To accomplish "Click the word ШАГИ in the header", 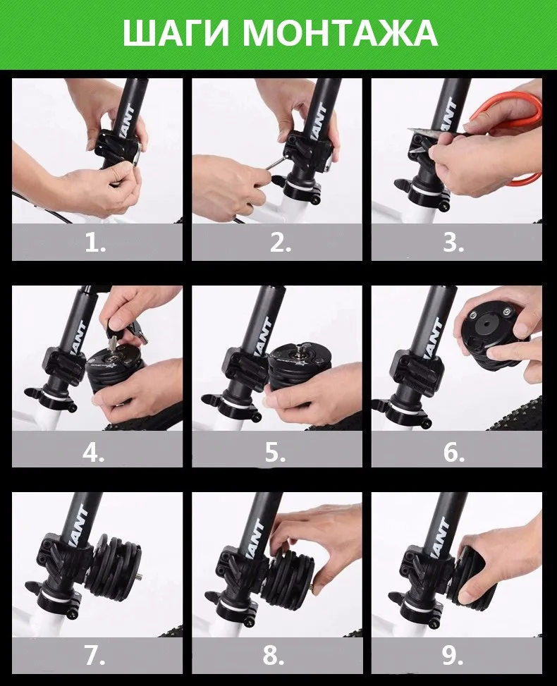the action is point(176,33).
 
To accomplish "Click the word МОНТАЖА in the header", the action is point(340,33).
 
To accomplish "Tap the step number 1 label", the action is point(95,242).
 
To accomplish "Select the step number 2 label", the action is point(280,242).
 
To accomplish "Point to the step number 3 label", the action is point(454,242).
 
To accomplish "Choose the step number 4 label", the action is point(94,452).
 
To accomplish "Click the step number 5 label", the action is point(275,452).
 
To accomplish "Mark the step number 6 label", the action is point(454,452).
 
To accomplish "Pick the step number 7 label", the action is point(94,656).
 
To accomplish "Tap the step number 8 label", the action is point(274,656).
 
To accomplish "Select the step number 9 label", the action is point(453,656).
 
